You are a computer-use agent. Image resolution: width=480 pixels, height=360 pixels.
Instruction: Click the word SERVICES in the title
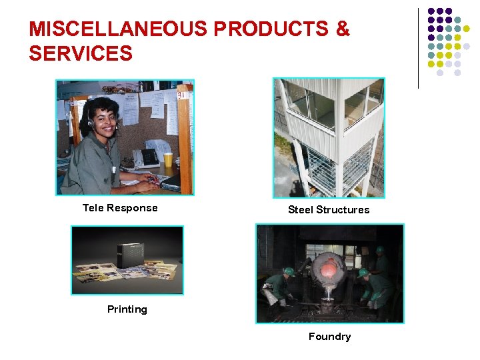81,53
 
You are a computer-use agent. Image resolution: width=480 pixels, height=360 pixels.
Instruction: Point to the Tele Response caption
120,208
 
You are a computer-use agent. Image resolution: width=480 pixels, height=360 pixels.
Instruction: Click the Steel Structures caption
329,210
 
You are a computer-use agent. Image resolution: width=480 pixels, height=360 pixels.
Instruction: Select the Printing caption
127,309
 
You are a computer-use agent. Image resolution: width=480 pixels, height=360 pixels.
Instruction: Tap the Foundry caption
329,337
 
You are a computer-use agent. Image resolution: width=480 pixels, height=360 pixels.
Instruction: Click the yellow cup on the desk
168,159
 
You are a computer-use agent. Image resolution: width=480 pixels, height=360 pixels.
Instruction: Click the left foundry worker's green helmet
289,271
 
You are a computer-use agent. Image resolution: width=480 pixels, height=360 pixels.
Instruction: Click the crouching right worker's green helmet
364,273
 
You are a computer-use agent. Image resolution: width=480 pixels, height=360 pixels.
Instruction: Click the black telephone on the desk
145,157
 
